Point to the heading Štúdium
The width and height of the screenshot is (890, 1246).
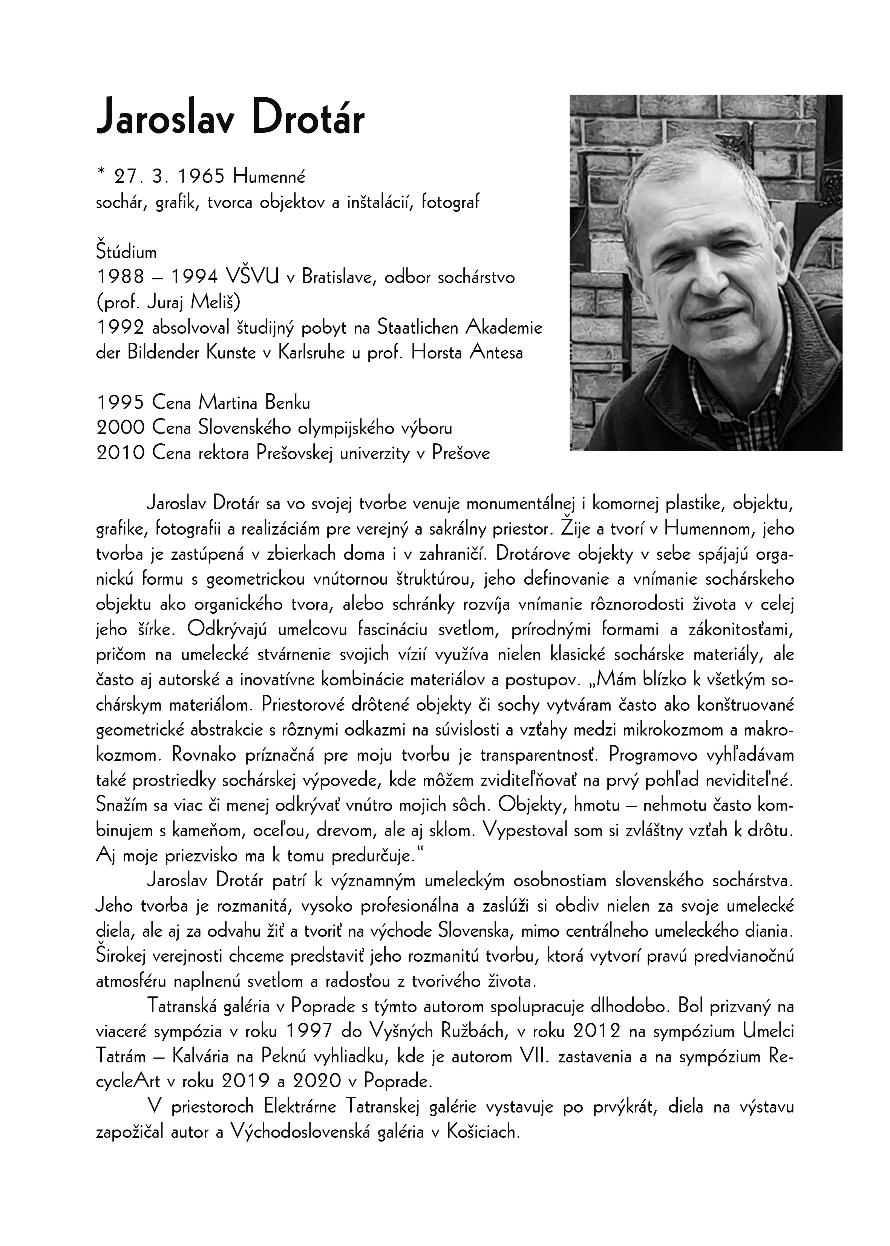pyautogui.click(x=126, y=252)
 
